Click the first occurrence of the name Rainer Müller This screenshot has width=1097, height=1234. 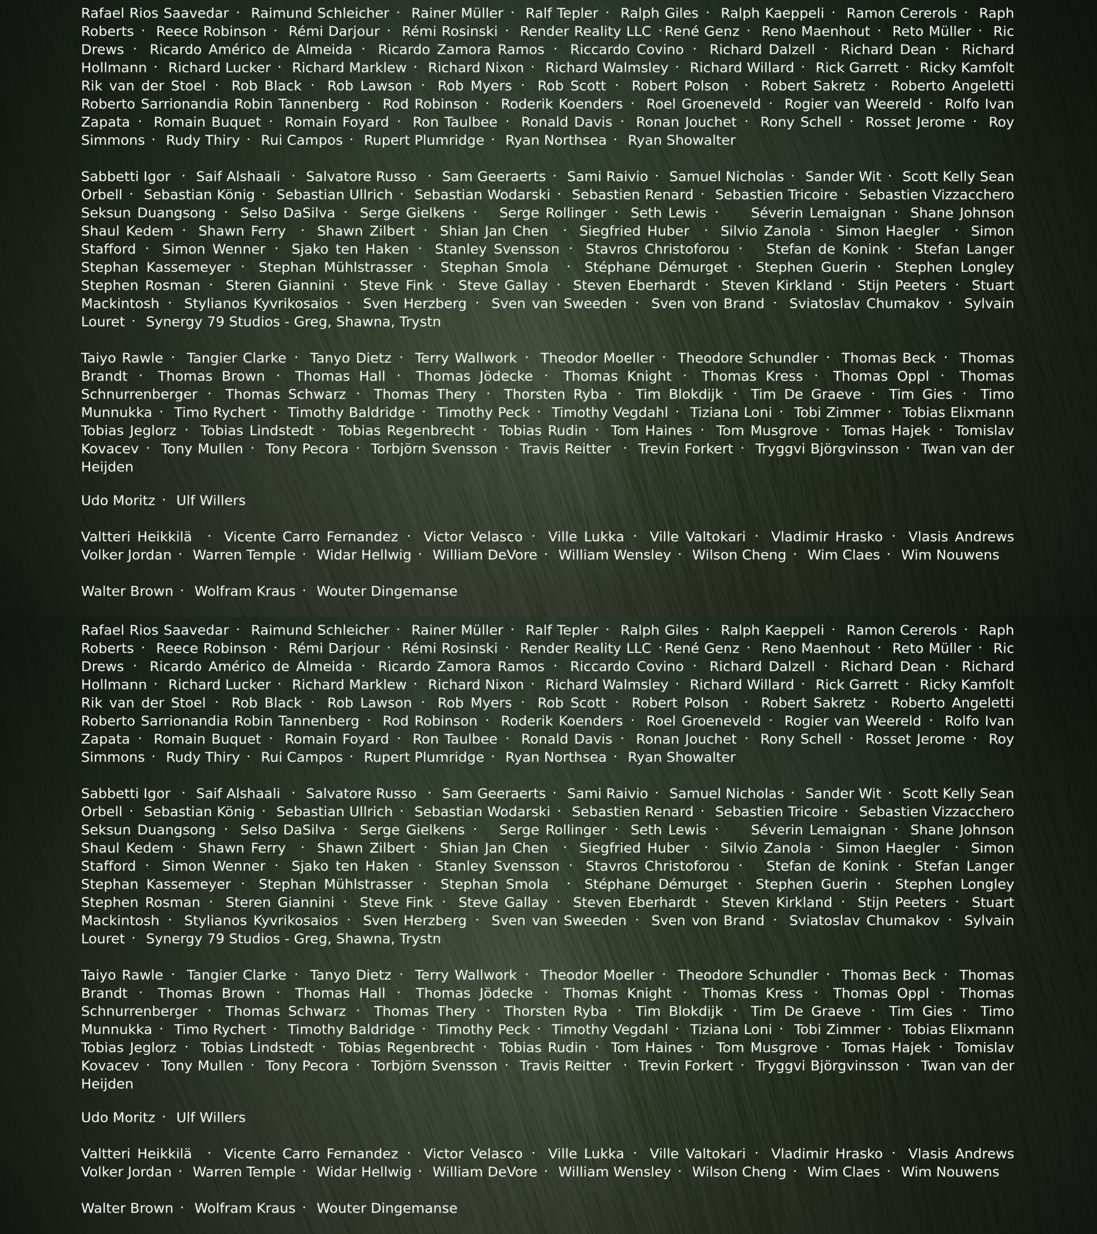pyautogui.click(x=457, y=13)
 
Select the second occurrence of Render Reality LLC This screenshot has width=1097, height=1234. pyautogui.click(x=585, y=648)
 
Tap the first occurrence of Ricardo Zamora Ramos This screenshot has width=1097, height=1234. pyautogui.click(x=461, y=50)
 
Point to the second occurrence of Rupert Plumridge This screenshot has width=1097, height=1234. pyautogui.click(x=424, y=757)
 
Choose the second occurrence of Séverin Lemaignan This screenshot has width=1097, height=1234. pyautogui.click(x=818, y=830)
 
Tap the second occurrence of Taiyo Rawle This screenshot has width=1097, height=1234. pyautogui.click(x=122, y=975)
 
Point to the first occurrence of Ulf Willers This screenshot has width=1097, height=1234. pyautogui.click(x=211, y=500)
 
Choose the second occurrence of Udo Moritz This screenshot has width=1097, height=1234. pyautogui.click(x=118, y=1117)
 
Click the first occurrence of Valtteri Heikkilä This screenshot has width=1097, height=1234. pyautogui.click(x=137, y=537)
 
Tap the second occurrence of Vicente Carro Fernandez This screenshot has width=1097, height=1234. pyautogui.click(x=311, y=1154)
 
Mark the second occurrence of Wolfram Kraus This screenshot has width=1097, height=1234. pyautogui.click(x=245, y=1208)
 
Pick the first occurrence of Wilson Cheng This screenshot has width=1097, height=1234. pyautogui.click(x=739, y=555)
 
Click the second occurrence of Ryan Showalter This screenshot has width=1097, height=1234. pyautogui.click(x=682, y=757)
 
